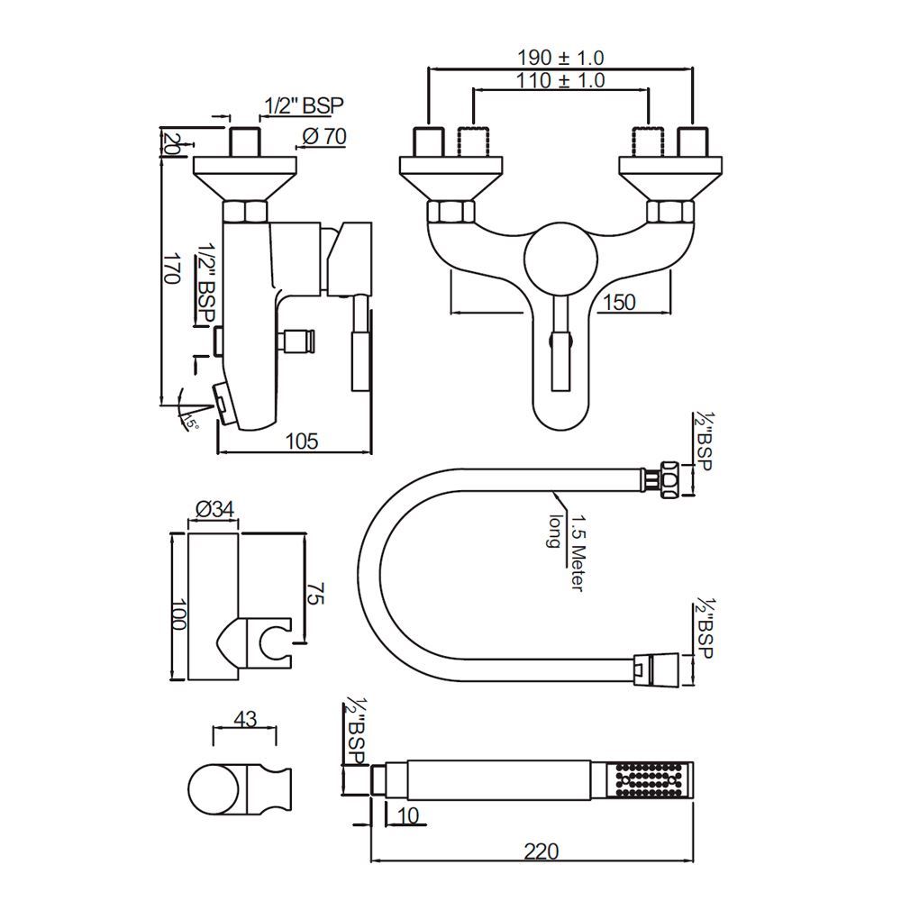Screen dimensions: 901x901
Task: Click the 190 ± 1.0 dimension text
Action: click(560, 57)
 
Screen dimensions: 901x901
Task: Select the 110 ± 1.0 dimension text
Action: click(560, 80)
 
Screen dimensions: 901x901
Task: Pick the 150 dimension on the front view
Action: click(618, 302)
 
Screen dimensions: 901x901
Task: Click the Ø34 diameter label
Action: click(214, 509)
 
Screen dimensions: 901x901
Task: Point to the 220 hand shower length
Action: click(541, 851)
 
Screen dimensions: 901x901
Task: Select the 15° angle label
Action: click(190, 423)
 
